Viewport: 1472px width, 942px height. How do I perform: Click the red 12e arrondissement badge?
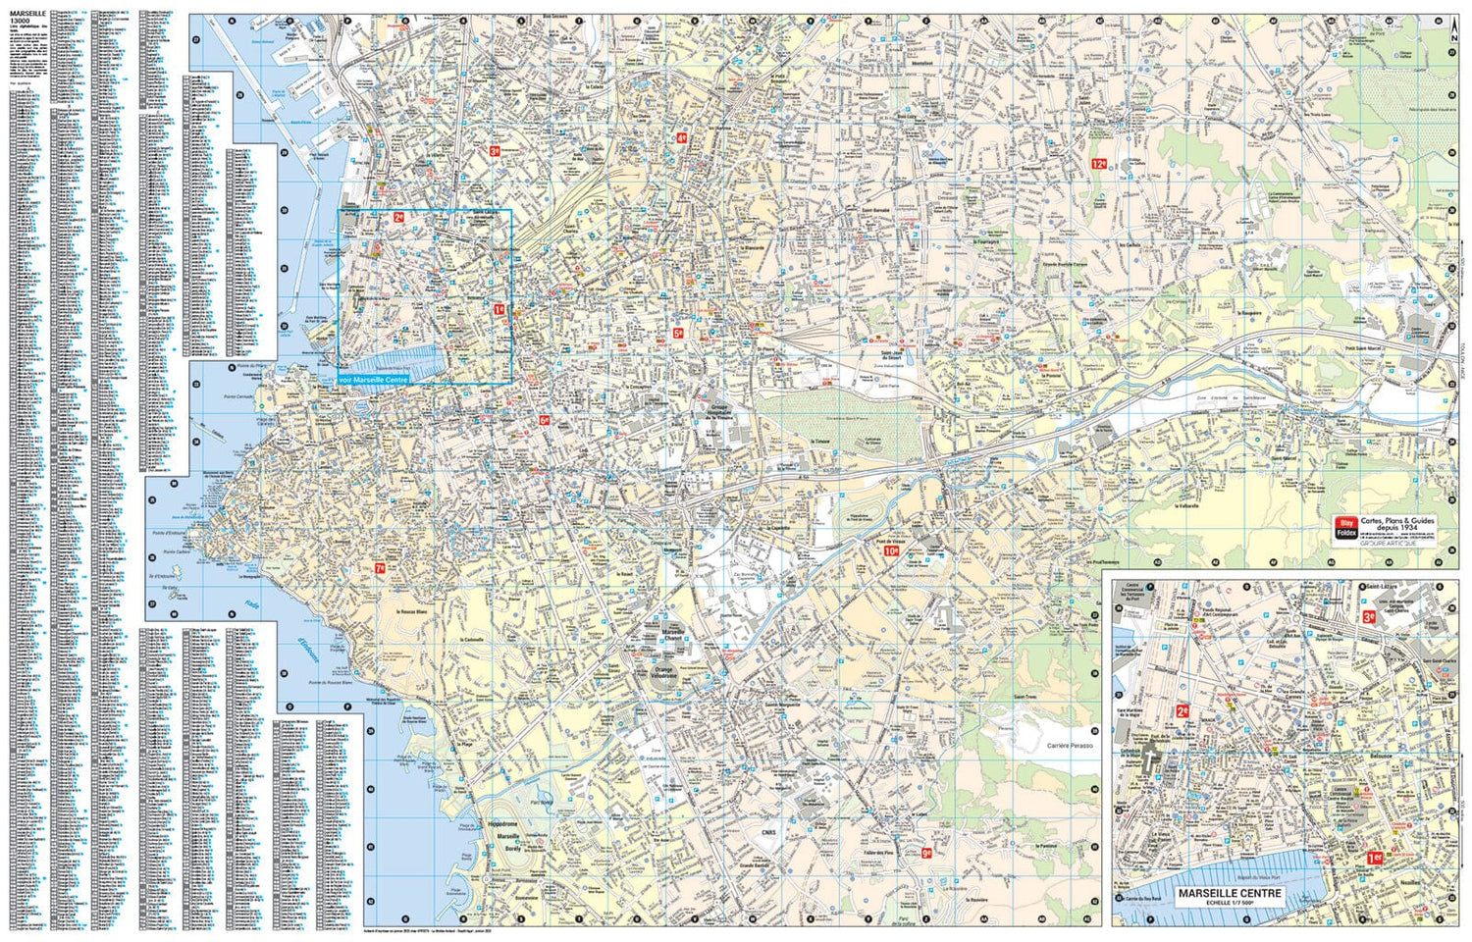click(1100, 165)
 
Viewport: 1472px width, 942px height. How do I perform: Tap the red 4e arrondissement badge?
click(681, 138)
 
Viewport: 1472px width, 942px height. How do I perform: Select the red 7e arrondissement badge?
click(380, 568)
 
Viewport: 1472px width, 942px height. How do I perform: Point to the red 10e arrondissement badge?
click(891, 551)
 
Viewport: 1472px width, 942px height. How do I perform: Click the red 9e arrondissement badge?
click(925, 853)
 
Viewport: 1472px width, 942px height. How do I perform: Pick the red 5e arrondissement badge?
click(677, 334)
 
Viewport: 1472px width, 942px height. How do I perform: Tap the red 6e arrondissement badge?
click(544, 420)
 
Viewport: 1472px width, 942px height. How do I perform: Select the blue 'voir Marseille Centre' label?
click(373, 379)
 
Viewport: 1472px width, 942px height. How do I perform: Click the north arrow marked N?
click(1452, 29)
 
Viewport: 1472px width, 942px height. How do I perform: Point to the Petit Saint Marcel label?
click(1364, 347)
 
